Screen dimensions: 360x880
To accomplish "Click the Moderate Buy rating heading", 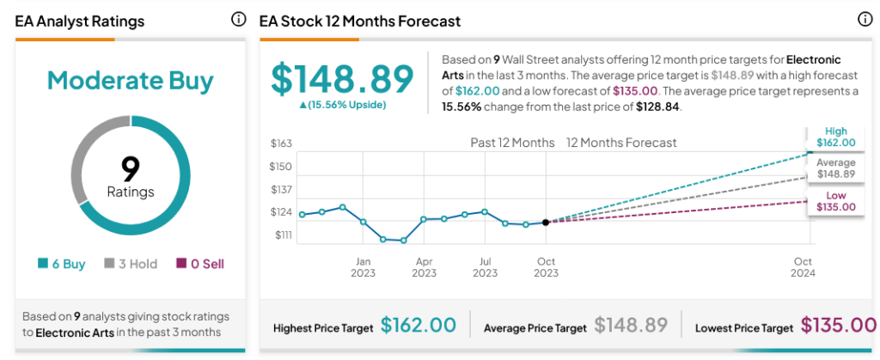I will click(x=130, y=81).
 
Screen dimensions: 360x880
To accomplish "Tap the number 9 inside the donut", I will click(x=131, y=168).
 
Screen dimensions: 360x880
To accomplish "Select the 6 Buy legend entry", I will click(x=62, y=264).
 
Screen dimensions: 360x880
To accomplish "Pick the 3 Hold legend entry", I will click(x=131, y=264).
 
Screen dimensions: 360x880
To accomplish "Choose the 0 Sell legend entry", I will click(x=200, y=264).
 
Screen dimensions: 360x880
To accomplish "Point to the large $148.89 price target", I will click(x=343, y=79).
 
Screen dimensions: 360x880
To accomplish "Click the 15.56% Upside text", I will click(x=343, y=105).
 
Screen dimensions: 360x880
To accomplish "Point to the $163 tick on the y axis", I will click(x=281, y=143).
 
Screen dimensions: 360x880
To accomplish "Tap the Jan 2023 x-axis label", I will click(x=363, y=266).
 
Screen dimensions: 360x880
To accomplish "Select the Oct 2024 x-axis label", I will click(x=803, y=266).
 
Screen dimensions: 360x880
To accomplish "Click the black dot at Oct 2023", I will click(x=546, y=222).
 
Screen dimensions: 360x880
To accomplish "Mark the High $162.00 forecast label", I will click(x=835, y=137).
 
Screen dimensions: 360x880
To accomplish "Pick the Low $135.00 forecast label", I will click(x=835, y=202).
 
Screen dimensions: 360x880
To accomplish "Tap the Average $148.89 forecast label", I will click(x=835, y=168).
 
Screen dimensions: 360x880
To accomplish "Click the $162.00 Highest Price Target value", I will click(x=418, y=326).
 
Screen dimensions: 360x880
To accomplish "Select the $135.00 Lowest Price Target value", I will click(x=838, y=326).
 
